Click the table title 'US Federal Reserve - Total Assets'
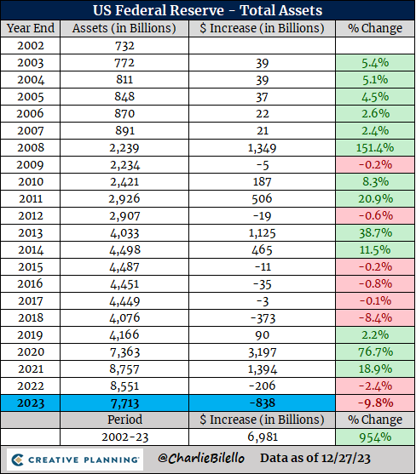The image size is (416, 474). pyautogui.click(x=207, y=11)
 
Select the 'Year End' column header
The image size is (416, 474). pyautogui.click(x=31, y=29)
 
